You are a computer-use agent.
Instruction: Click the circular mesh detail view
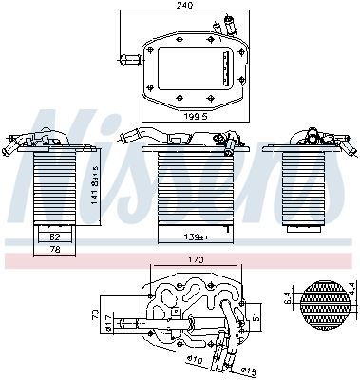(x=319, y=305)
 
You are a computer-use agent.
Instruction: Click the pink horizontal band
(x=180, y=259)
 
